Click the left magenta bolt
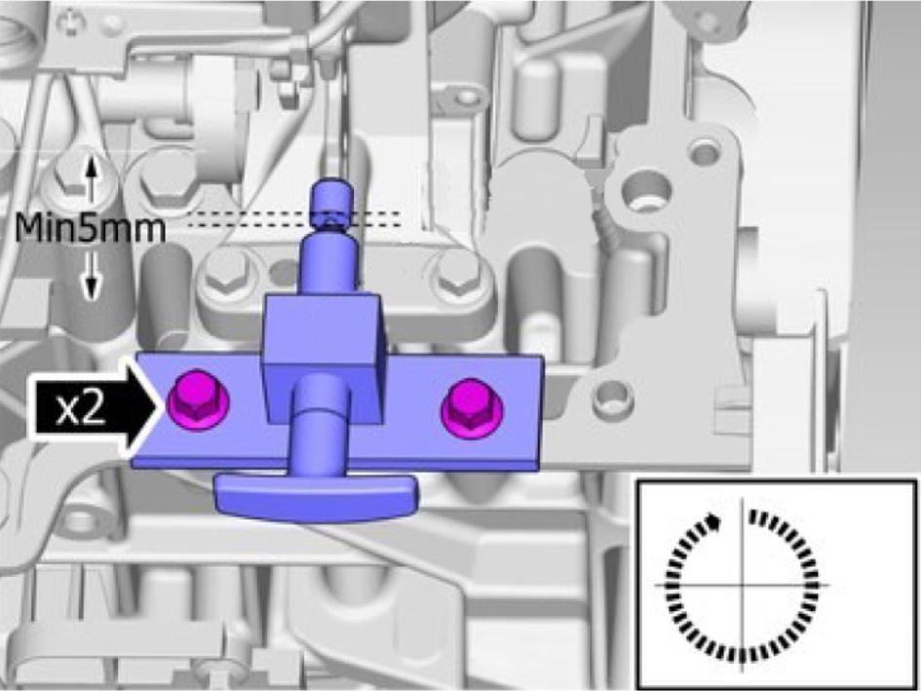[x=198, y=402]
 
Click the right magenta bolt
[x=471, y=408]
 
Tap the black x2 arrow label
[x=94, y=407]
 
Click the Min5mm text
[x=90, y=229]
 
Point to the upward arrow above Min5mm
[x=90, y=178]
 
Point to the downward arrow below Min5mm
[x=91, y=276]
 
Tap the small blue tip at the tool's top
[x=333, y=203]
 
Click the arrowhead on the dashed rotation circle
[x=712, y=521]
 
